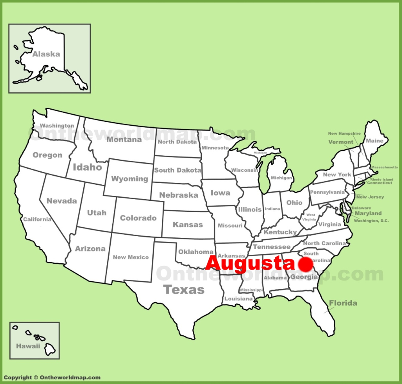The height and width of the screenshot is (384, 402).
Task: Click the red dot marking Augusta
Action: pos(305,265)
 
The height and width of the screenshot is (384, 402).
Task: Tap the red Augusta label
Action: pos(250,263)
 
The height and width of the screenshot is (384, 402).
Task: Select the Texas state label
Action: pos(184,290)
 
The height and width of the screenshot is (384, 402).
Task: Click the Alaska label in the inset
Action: pos(46,54)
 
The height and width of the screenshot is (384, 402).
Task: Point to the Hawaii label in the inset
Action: pos(28,346)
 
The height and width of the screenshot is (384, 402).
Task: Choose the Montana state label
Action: pos(124,140)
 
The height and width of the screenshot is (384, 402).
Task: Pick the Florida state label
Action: pos(343,303)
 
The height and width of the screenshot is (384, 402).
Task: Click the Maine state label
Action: pos(375,140)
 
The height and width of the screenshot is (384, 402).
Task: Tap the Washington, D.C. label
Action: pos(371,221)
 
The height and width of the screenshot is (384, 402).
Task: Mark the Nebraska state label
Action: pos(178,195)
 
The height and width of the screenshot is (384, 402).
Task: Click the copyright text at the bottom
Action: pos(52,378)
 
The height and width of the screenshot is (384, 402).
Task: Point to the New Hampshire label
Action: pos(344,134)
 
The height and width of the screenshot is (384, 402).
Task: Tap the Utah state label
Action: pos(97,213)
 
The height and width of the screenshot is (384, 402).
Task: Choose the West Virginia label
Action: pos(311,217)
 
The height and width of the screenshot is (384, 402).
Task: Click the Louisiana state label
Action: pos(239,299)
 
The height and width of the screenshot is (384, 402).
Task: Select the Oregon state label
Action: pos(47,155)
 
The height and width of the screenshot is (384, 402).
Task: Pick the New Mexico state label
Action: pos(131,257)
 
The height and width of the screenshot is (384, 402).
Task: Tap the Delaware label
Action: pos(361,208)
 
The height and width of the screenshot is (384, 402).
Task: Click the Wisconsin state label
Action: pos(244,170)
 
